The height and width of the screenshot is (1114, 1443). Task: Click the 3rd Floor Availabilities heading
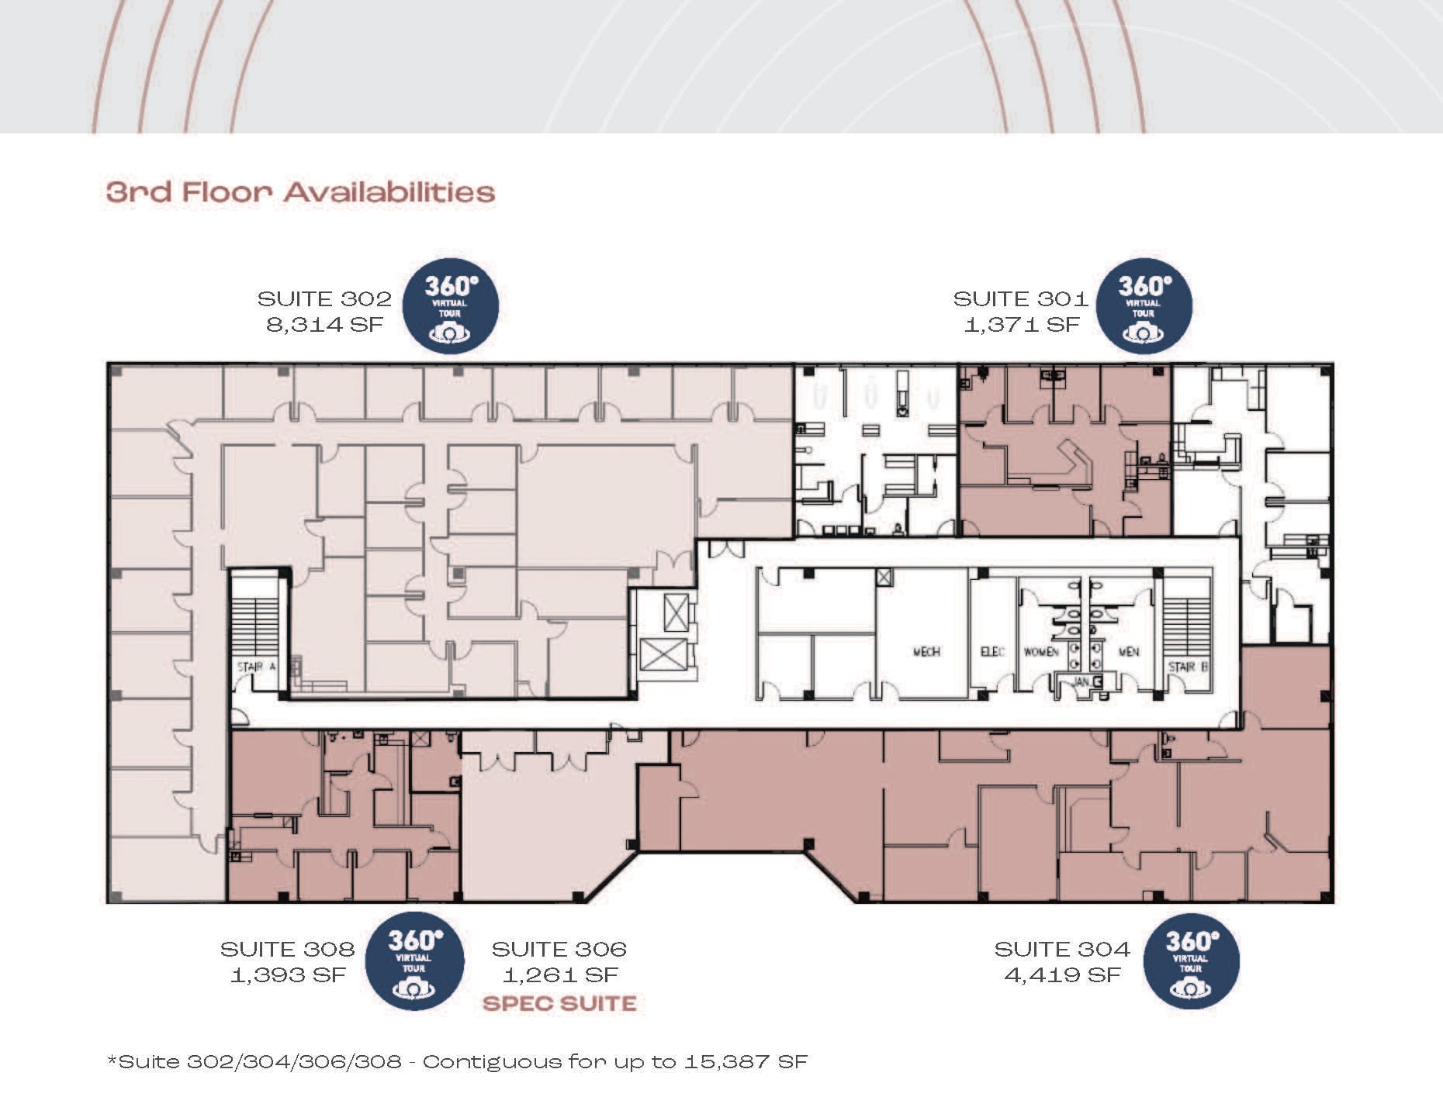[300, 192]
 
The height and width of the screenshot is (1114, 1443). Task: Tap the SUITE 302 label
[324, 298]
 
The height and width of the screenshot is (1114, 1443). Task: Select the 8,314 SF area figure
[325, 324]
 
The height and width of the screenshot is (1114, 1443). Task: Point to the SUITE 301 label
[1020, 298]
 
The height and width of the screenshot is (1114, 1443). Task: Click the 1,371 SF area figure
[1022, 324]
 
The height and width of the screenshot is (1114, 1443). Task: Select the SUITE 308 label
[287, 949]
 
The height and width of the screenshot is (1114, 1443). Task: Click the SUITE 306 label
[559, 949]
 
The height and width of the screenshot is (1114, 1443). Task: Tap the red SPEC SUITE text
[559, 1003]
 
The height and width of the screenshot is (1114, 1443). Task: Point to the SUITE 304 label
[1062, 949]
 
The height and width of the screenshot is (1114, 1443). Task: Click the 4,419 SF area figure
[1063, 974]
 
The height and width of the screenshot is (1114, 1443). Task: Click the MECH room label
[926, 652]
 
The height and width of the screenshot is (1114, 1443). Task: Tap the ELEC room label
[992, 652]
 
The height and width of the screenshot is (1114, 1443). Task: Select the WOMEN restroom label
[1041, 652]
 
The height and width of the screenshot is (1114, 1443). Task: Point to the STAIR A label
[256, 667]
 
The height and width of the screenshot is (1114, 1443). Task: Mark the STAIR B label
[1188, 667]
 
